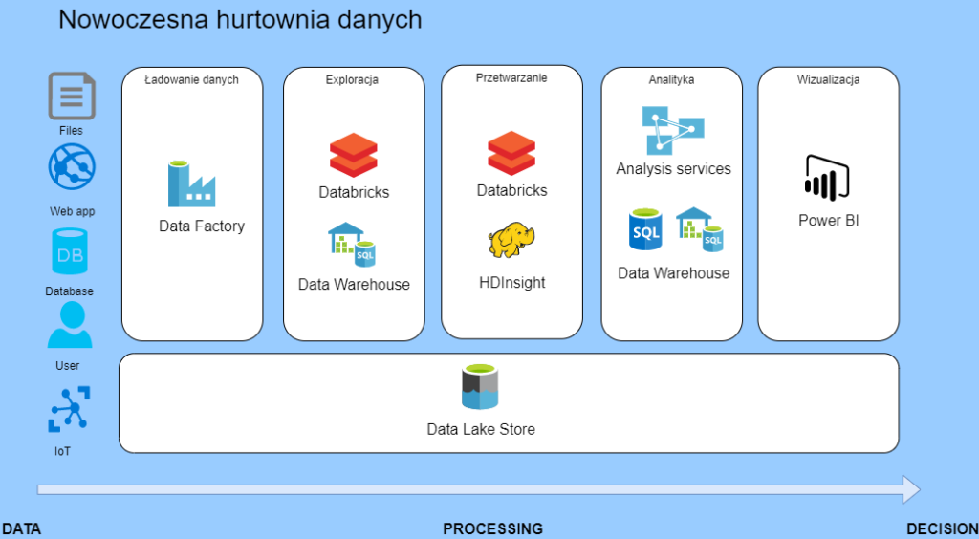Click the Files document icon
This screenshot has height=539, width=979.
coord(72,97)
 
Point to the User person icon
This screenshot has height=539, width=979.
coord(71,325)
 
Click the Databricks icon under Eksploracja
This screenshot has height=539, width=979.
coord(354,157)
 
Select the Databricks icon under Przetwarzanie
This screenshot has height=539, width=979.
coord(511,154)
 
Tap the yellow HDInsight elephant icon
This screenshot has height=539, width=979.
coord(511,241)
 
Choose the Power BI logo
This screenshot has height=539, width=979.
coord(828,179)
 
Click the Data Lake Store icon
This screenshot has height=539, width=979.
coord(480,387)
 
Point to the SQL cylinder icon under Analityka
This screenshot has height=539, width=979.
coord(645,230)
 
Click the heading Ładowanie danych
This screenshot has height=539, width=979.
coord(191,80)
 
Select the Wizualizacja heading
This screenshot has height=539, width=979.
coord(828,80)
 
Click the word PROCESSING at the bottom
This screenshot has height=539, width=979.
coord(492,528)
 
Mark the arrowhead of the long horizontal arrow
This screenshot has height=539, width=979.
coord(910,489)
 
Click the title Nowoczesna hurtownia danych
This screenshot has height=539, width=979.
coord(240,19)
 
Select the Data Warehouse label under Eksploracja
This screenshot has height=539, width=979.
coord(354,284)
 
